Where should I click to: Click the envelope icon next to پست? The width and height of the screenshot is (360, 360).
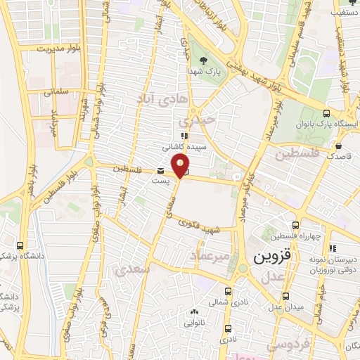point(162,171)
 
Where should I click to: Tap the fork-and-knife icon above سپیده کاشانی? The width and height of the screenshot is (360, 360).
point(184,136)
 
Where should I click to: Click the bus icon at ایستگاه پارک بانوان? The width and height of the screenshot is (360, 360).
point(326,112)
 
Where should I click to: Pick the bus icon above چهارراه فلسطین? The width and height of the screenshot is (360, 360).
point(297,225)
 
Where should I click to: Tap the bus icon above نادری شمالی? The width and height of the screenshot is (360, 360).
point(228,290)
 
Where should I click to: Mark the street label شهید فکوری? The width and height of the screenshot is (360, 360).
point(200,228)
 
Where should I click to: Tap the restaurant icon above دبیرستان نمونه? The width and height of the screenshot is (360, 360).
point(333,247)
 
